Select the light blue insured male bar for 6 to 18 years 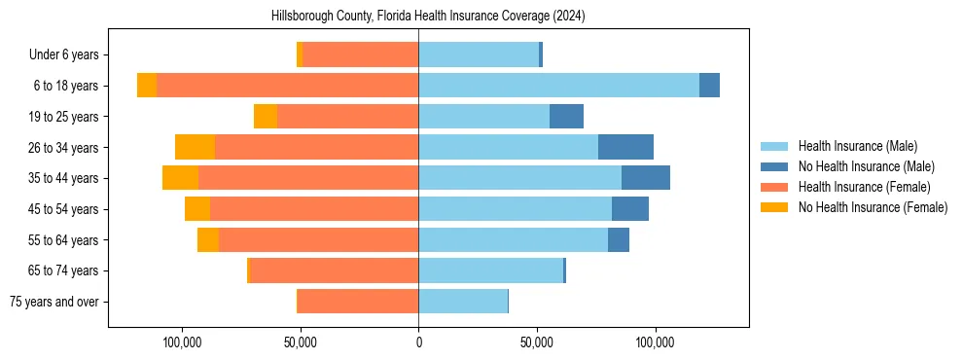pyautogui.click(x=558, y=86)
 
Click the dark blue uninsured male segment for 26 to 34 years pyautogui.click(x=625, y=147)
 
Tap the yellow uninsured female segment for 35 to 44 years pyautogui.click(x=180, y=178)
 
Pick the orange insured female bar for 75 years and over pyautogui.click(x=358, y=302)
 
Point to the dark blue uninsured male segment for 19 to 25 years pyautogui.click(x=566, y=117)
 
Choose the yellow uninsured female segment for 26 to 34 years pyautogui.click(x=195, y=147)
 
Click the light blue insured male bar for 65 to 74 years pyautogui.click(x=490, y=270)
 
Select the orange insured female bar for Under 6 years pyautogui.click(x=360, y=54)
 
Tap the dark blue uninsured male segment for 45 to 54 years pyautogui.click(x=630, y=209)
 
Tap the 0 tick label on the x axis pyautogui.click(x=418, y=342)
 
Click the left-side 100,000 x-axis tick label pyautogui.click(x=183, y=342)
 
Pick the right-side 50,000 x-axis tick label pyautogui.click(x=537, y=342)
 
